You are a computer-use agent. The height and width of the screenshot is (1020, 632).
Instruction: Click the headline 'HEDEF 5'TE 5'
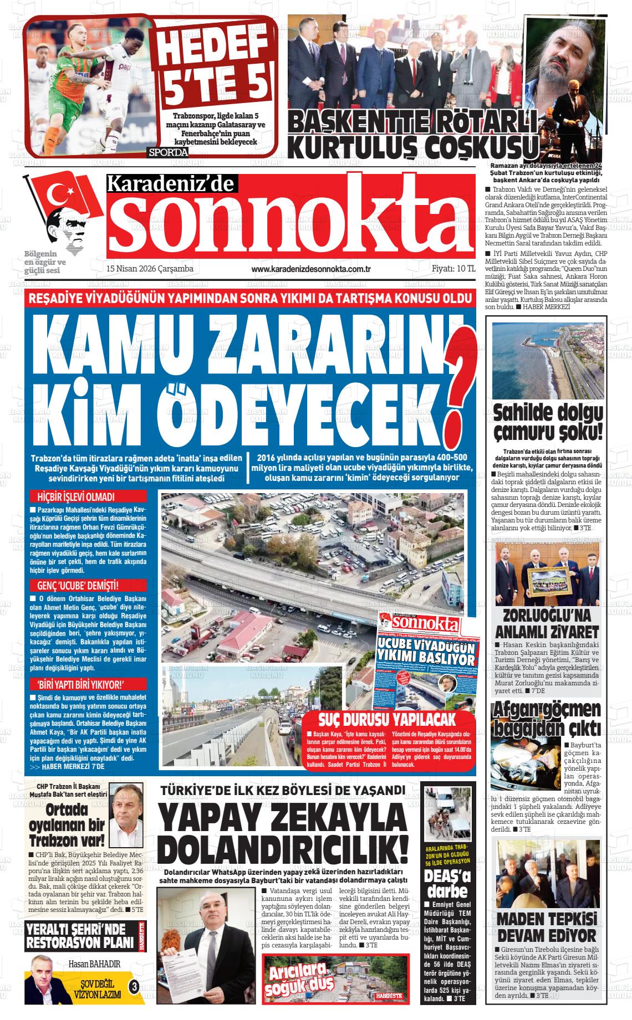214,65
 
